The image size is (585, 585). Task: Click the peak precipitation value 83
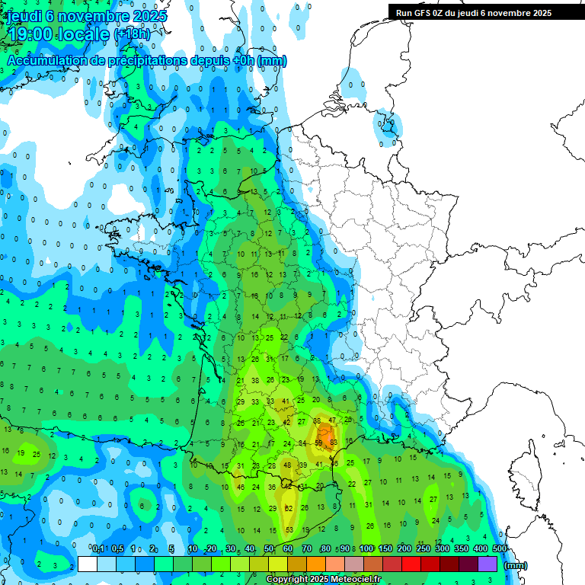click(333, 442)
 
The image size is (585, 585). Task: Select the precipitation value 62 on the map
click(288, 508)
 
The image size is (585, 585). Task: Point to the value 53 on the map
click(289, 529)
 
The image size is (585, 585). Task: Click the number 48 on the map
click(287, 465)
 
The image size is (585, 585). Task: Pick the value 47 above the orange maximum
click(332, 420)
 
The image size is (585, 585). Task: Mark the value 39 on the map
click(302, 465)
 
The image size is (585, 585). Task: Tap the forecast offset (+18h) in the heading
click(131, 34)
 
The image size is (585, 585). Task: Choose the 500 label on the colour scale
click(500, 548)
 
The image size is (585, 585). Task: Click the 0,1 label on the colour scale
click(97, 548)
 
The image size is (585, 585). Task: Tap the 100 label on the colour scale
click(366, 548)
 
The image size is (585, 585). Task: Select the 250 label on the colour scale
click(424, 548)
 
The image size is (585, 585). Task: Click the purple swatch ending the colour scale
click(487, 564)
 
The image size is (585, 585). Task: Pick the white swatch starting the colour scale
click(88, 564)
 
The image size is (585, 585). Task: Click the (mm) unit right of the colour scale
click(516, 565)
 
